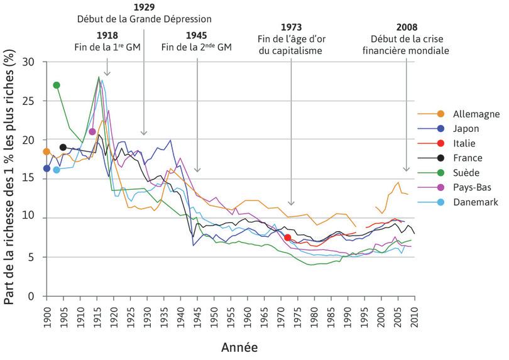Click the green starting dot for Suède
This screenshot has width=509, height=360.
57,85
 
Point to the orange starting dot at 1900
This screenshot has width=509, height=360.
46,151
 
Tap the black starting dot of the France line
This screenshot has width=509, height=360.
63,147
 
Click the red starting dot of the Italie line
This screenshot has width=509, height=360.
287,237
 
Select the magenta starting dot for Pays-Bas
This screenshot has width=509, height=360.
92,131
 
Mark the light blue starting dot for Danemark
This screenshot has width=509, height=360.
57,170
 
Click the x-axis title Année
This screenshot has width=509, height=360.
239,347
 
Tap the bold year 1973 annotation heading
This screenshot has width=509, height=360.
291,27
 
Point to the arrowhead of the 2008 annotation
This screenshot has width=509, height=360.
406,170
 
